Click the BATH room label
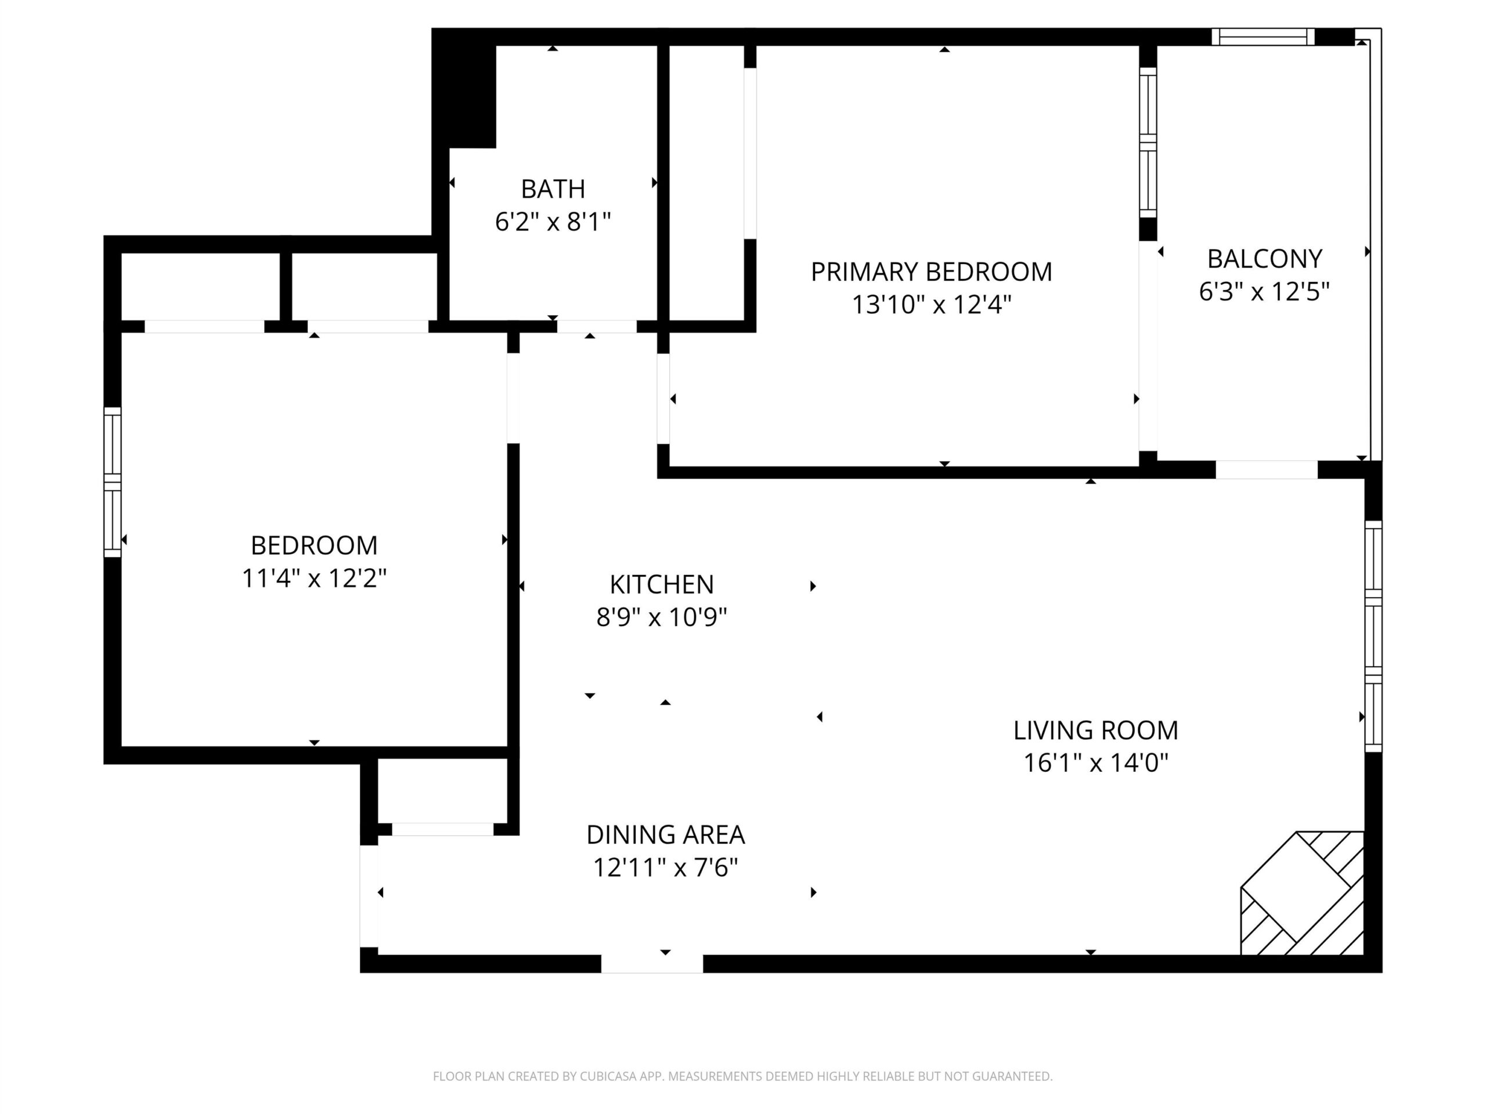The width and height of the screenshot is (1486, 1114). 553,189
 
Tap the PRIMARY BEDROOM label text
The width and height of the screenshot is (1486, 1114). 931,272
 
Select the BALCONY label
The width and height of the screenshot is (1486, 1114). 1264,259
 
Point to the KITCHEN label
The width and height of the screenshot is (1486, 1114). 661,584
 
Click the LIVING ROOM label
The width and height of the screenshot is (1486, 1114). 1096,730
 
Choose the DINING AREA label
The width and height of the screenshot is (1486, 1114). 665,835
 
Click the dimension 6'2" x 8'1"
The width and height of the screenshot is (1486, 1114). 553,222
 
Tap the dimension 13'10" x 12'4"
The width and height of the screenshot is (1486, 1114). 931,305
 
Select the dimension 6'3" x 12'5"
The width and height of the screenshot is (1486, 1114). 1264,291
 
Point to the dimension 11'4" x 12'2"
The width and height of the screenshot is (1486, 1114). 313,577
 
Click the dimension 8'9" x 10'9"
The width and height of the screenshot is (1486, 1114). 661,617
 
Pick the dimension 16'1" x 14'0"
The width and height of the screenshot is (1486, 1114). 1096,763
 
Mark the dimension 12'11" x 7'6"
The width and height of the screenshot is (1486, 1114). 665,867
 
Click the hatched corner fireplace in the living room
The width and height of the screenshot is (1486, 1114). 1302,893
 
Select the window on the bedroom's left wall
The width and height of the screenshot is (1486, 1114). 112,482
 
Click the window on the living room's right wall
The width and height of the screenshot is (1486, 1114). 1373,636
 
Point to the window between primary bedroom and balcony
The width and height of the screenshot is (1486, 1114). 1148,142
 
